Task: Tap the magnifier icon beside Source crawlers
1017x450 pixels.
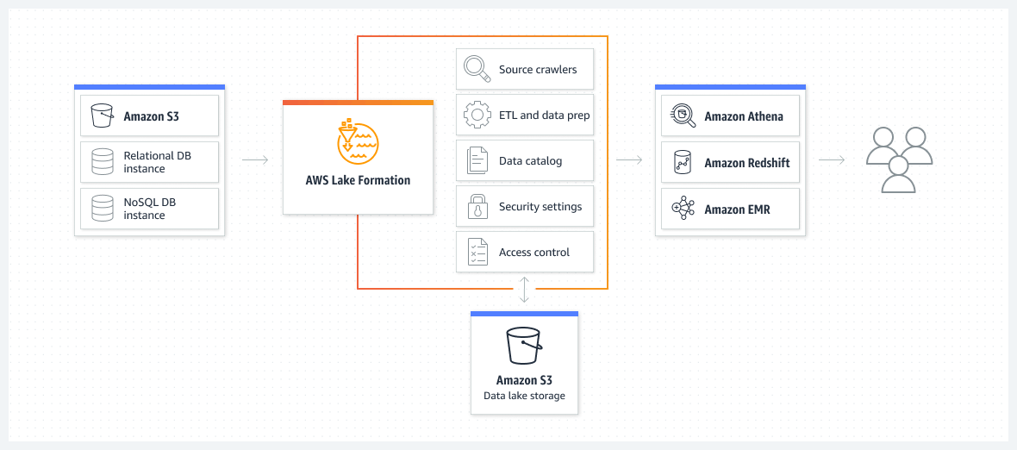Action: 477,69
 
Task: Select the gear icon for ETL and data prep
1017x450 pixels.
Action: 477,115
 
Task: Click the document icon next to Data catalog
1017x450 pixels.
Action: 477,161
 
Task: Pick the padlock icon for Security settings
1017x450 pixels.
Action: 477,207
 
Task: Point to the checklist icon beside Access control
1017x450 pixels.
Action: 477,253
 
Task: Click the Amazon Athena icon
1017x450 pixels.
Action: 683,116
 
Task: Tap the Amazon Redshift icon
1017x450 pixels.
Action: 683,162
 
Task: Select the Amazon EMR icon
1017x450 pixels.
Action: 683,209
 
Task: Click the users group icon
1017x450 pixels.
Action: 899,159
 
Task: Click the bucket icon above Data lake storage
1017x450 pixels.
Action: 524,346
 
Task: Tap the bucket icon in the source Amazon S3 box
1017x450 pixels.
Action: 103,116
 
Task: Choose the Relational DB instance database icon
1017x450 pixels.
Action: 103,162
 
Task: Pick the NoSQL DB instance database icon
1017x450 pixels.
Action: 103,209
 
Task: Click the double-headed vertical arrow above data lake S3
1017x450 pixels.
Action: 524,291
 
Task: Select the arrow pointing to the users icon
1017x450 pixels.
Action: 831,159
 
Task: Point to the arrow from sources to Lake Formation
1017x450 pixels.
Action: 255,159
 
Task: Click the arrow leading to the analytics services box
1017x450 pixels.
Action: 629,159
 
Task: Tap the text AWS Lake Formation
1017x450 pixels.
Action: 358,181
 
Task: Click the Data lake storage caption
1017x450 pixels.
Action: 524,396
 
